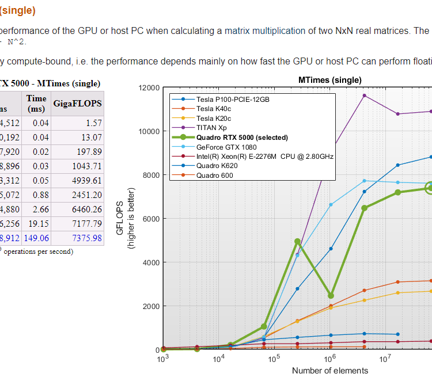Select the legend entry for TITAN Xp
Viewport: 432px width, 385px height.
coord(211,128)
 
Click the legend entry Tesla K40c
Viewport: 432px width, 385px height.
coord(214,109)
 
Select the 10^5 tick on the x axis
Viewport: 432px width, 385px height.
coord(274,358)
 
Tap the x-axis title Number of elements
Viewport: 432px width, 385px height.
coord(329,371)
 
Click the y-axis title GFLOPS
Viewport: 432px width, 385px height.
coord(120,219)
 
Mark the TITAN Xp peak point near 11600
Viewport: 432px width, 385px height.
coord(364,96)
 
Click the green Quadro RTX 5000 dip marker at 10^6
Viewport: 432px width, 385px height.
coord(331,295)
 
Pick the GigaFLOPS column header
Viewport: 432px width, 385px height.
coord(77,104)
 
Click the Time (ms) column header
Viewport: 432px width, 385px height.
coord(36,104)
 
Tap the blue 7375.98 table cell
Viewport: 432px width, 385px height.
coord(86,238)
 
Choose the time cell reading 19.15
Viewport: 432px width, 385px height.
coord(37,224)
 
